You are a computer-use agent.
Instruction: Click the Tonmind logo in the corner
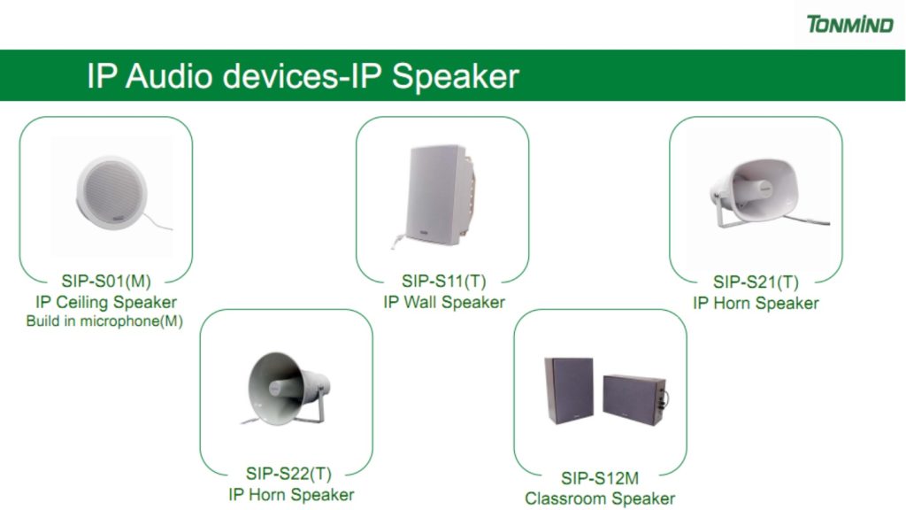click(x=849, y=24)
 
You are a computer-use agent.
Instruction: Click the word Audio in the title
click(x=168, y=76)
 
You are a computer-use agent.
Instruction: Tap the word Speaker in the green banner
click(x=456, y=76)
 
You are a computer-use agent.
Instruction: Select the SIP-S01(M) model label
click(x=106, y=281)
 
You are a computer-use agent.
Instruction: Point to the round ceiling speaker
click(x=111, y=192)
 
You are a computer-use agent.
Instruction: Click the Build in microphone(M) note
click(x=104, y=321)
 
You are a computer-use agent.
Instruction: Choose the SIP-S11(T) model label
click(x=444, y=281)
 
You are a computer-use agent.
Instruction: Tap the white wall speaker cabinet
click(x=441, y=195)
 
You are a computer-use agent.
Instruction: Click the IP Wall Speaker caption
click(x=444, y=302)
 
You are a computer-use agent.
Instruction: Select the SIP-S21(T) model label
click(x=756, y=282)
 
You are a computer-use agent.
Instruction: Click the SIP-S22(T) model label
click(x=288, y=474)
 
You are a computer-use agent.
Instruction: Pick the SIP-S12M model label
click(x=600, y=478)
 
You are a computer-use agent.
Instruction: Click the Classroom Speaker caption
click(x=600, y=498)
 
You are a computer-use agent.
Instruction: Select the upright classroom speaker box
click(x=569, y=390)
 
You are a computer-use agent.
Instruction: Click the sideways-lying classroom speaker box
click(x=634, y=399)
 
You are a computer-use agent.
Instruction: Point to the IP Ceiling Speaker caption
click(x=106, y=302)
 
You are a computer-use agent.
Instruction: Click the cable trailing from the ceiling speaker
click(x=158, y=222)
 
